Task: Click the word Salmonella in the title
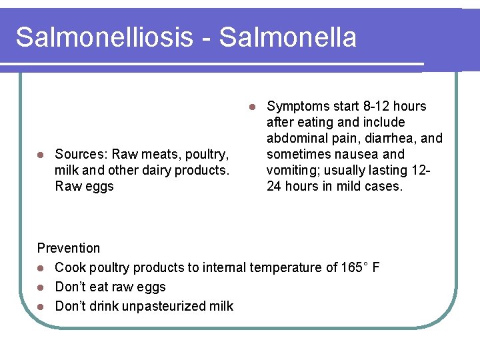pyautogui.click(x=287, y=37)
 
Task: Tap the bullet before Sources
pyautogui.click(x=41, y=155)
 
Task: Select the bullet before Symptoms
pyautogui.click(x=252, y=107)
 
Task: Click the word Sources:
pyautogui.click(x=83, y=154)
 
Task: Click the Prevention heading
pyautogui.click(x=68, y=248)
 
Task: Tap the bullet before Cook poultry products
pyautogui.click(x=41, y=268)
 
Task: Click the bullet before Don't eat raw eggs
pyautogui.click(x=41, y=287)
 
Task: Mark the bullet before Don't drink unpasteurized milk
pyautogui.click(x=41, y=307)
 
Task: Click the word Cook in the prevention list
pyautogui.click(x=69, y=267)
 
